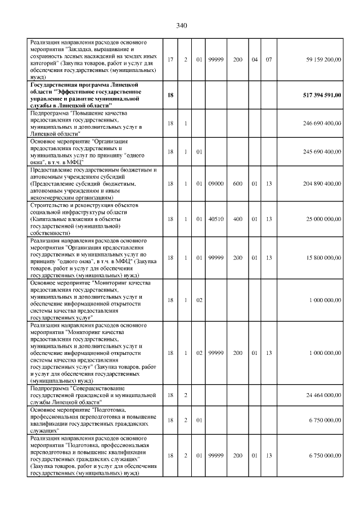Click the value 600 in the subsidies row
pos(238,183)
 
